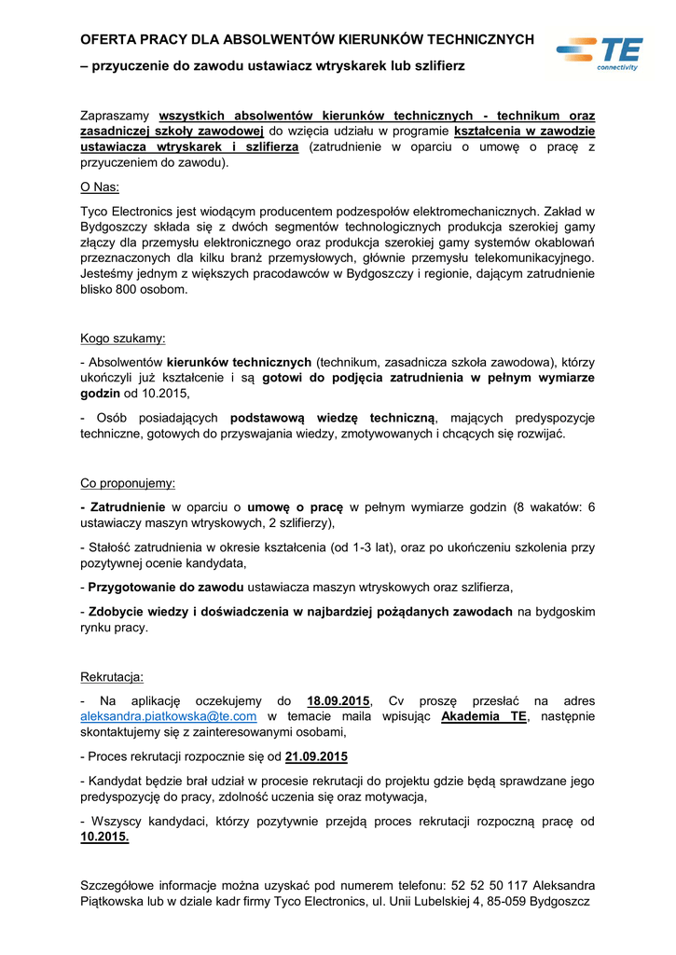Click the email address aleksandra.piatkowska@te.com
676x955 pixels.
pyautogui.click(x=169, y=716)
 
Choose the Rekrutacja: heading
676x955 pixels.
pyautogui.click(x=112, y=676)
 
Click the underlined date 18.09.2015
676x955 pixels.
pyautogui.click(x=338, y=700)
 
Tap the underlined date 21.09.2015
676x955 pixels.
pyautogui.click(x=316, y=756)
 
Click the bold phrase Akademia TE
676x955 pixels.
pyautogui.click(x=483, y=716)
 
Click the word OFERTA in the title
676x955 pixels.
pyautogui.click(x=110, y=39)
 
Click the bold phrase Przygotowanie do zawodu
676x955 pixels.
pyautogui.click(x=166, y=588)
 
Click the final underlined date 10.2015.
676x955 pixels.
pyautogui.click(x=104, y=837)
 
